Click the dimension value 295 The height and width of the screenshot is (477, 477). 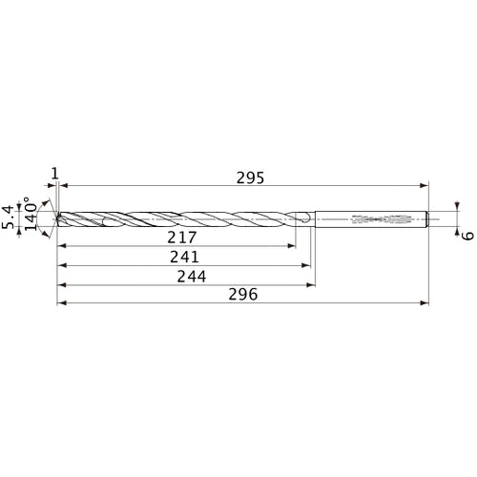[x=250, y=177]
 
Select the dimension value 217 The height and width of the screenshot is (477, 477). [x=181, y=237]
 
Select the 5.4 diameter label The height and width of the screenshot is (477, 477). [x=10, y=217]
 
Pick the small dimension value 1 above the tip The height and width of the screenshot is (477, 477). [x=55, y=173]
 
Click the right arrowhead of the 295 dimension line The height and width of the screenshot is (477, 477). [x=425, y=187]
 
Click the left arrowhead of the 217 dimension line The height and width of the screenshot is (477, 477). [x=60, y=246]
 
